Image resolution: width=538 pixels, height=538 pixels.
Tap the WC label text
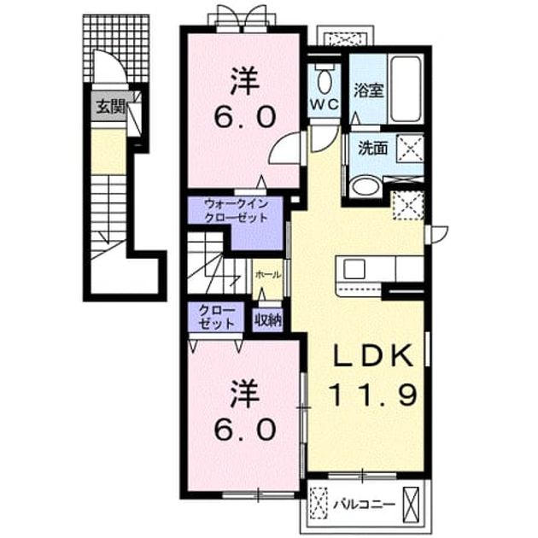325,104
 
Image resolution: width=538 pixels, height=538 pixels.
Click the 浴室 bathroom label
368,90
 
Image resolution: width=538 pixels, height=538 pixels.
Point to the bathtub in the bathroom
406,89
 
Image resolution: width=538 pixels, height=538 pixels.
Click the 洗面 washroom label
372,149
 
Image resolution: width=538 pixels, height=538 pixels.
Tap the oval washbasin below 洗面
365,187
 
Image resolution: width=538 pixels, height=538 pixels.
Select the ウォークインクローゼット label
235,211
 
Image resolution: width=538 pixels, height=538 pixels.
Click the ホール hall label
268,274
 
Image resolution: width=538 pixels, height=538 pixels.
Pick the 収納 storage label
268,320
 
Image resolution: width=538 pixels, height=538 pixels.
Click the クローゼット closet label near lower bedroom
216,317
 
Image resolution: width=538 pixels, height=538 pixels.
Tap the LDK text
373,355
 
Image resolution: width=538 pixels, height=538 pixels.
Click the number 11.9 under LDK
373,395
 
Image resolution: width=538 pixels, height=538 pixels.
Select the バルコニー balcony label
365,504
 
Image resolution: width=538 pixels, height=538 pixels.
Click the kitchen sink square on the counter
354,269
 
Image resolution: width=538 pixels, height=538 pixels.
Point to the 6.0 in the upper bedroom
244,117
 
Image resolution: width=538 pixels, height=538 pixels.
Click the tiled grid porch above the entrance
117,48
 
